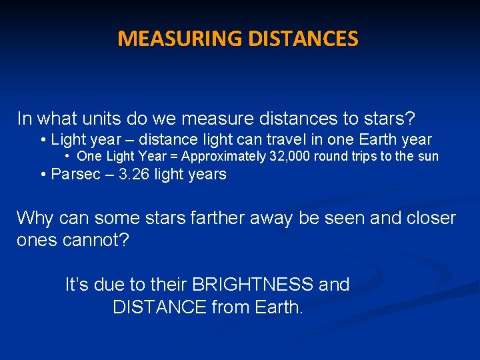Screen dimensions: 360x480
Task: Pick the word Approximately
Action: click(222, 157)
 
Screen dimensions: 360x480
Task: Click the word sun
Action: click(429, 157)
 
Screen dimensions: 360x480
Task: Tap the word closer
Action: click(424, 218)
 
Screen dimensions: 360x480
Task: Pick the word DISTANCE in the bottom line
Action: click(159, 307)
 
